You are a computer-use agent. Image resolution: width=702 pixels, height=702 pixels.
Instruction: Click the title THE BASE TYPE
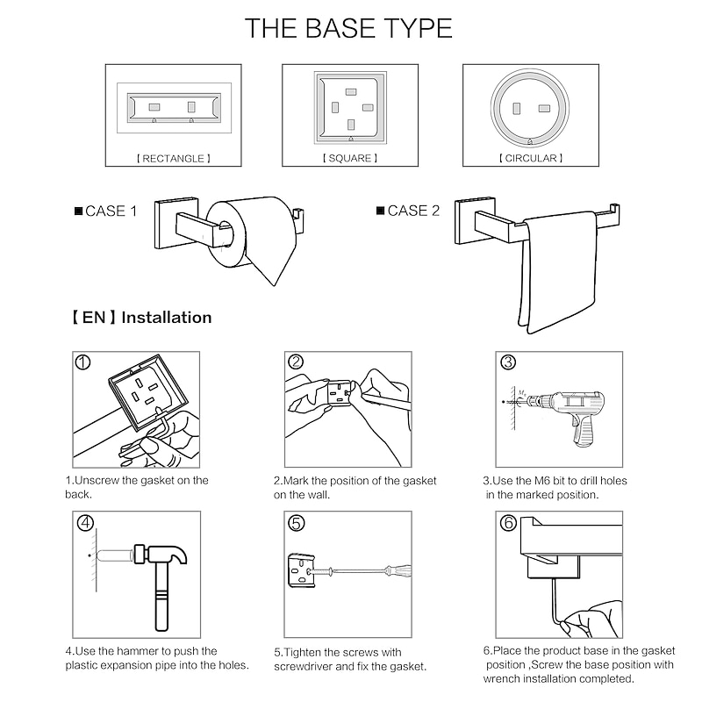point(348,28)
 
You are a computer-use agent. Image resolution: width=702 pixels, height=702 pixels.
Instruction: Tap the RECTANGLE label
point(173,159)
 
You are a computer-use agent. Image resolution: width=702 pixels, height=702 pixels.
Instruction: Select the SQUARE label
point(350,158)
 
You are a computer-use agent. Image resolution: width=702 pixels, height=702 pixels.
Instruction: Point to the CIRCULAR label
point(531,158)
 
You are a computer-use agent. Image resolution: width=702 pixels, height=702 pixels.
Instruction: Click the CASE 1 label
point(105,211)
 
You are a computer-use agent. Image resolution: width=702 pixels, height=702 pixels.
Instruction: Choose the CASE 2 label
point(408,211)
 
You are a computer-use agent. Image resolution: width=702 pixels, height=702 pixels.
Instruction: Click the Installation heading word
point(167,318)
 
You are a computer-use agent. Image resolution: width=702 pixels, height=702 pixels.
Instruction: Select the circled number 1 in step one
point(82,362)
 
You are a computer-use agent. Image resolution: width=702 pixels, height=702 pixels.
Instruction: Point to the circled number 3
point(508,362)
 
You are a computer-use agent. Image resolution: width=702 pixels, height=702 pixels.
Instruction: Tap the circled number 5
point(296,523)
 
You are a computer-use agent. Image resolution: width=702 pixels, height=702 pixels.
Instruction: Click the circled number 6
point(508,522)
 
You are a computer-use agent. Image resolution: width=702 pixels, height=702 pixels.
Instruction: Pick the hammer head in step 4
point(161,555)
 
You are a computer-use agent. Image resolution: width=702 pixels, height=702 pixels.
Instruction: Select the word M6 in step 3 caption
point(542,481)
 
